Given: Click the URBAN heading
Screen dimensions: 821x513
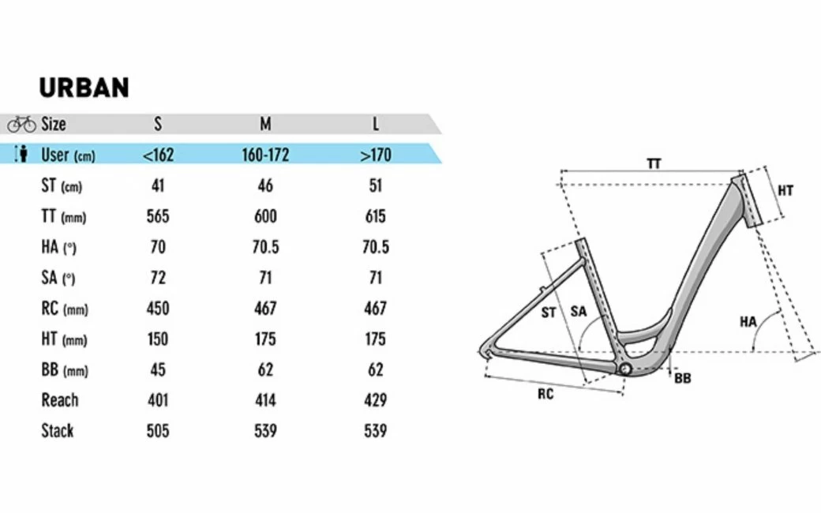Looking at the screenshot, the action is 84,88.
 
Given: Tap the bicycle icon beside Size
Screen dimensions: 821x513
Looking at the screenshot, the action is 21,124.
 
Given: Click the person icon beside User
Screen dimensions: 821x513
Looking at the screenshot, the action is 21,155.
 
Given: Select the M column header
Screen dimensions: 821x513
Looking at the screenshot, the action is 265,124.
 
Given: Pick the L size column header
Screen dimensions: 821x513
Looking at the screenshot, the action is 376,124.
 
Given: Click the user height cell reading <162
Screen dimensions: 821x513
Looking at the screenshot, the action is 158,155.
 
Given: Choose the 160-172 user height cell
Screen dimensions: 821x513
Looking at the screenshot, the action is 265,155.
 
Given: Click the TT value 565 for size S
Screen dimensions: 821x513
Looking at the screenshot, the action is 158,216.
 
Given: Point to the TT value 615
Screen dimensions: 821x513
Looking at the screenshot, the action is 376,216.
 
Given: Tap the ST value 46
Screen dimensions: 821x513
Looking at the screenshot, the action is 265,185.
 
